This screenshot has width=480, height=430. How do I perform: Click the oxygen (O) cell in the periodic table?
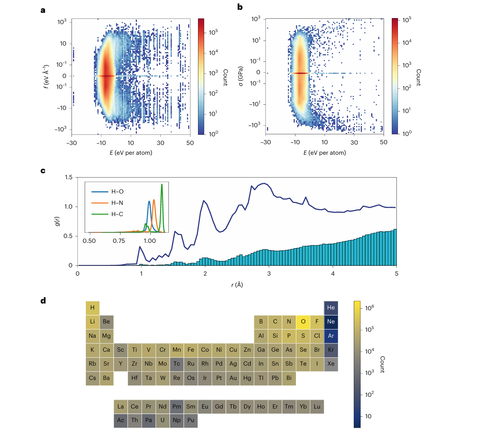click(x=303, y=322)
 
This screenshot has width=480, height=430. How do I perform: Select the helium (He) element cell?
click(x=331, y=308)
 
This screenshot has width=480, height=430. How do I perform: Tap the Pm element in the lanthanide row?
click(x=177, y=407)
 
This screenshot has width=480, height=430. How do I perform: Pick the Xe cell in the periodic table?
click(x=331, y=364)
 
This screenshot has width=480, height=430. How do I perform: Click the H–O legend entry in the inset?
click(x=117, y=192)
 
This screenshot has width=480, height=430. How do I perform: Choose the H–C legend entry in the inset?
click(x=117, y=214)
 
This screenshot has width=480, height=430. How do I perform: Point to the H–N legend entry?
click(x=117, y=203)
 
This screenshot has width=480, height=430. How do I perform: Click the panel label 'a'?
click(x=43, y=10)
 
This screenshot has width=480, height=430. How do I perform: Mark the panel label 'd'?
click(x=43, y=300)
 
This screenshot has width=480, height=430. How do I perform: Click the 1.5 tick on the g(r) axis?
click(x=69, y=177)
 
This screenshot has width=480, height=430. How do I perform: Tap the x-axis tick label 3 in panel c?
click(x=269, y=273)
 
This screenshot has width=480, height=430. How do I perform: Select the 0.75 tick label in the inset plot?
click(x=119, y=241)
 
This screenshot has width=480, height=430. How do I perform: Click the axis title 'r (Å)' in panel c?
click(x=237, y=285)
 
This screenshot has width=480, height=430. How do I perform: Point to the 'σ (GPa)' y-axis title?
click(x=241, y=76)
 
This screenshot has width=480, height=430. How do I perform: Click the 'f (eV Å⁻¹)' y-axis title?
click(x=46, y=76)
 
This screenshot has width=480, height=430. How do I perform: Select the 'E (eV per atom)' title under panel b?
click(x=325, y=153)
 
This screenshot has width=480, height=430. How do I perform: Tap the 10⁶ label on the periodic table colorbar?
click(x=369, y=308)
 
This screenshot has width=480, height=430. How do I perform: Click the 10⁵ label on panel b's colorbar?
click(x=407, y=20)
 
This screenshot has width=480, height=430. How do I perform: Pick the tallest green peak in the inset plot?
click(x=162, y=185)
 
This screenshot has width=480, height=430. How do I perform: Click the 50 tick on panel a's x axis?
click(x=190, y=143)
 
